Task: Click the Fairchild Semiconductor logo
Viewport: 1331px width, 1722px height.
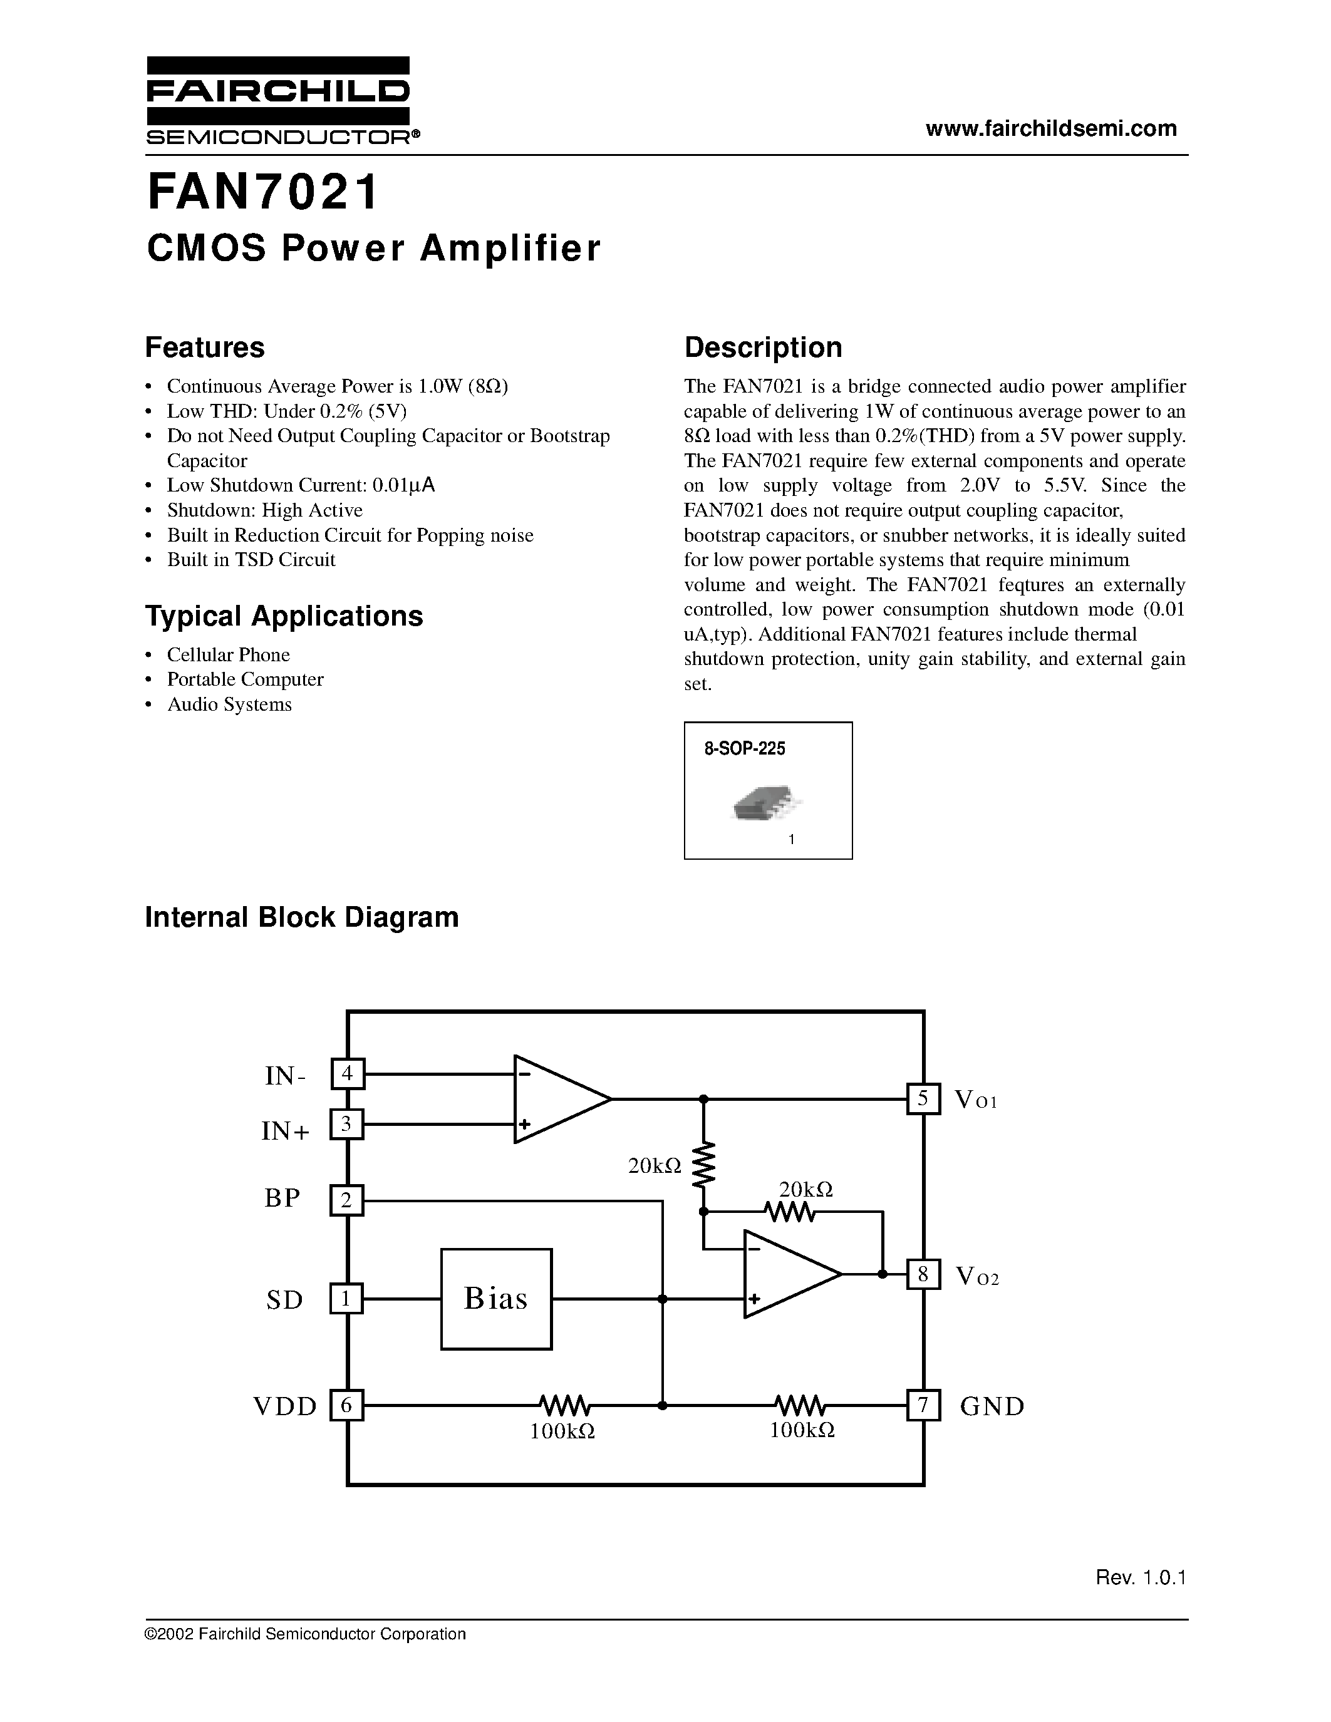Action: click(x=277, y=100)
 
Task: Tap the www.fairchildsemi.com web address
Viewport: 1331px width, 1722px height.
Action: click(x=1051, y=128)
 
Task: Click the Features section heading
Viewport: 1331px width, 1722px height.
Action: click(x=205, y=348)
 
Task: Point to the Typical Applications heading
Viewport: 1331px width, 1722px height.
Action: click(x=284, y=616)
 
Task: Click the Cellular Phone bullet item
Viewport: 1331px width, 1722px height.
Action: click(x=228, y=654)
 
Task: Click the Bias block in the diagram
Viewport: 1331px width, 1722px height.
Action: click(x=496, y=1299)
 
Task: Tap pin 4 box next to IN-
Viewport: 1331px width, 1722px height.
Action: click(x=347, y=1074)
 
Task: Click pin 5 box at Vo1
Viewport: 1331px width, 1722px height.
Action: click(x=923, y=1098)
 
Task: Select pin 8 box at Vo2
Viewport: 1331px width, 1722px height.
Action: click(x=923, y=1274)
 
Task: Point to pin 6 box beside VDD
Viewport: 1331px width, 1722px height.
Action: click(x=347, y=1405)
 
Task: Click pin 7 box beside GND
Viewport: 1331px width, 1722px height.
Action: click(x=923, y=1405)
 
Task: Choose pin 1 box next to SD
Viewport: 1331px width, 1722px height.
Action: click(x=347, y=1299)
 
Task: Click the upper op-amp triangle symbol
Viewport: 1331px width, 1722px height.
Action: click(x=557, y=1098)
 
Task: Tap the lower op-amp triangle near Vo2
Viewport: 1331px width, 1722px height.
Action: click(x=787, y=1274)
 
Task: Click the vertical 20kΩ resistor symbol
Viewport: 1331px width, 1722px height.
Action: click(x=704, y=1165)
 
